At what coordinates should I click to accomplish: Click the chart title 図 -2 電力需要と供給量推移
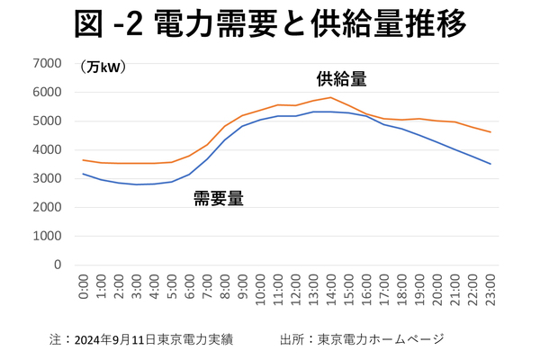tap(270, 24)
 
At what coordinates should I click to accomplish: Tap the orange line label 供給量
tap(341, 78)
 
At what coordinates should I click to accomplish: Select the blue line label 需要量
tap(219, 199)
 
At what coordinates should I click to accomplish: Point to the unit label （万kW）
tap(102, 67)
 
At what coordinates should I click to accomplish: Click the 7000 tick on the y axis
tap(47, 63)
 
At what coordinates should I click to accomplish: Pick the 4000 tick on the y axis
tap(47, 149)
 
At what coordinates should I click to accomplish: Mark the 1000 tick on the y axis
tap(47, 236)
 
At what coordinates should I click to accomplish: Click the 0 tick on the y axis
tap(56, 265)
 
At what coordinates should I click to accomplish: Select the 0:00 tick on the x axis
tap(84, 287)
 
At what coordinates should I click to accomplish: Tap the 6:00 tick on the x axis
tap(190, 287)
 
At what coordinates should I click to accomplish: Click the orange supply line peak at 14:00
tap(331, 97)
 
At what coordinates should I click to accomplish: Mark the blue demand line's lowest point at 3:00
tap(136, 184)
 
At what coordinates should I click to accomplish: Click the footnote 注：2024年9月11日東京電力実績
tap(141, 339)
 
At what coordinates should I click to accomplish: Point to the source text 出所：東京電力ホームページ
tap(362, 339)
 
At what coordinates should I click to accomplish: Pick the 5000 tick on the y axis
tap(47, 121)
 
